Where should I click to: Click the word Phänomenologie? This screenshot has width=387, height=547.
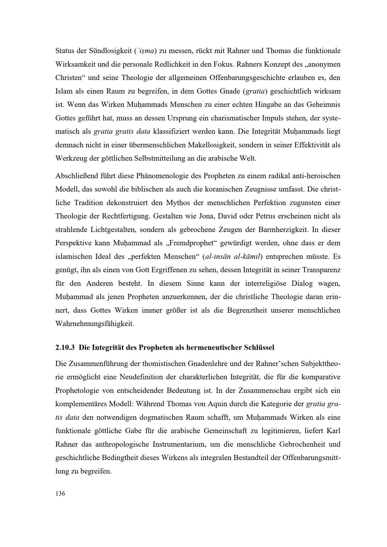pos(163,176)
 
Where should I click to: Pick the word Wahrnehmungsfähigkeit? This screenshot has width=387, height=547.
pos(95,324)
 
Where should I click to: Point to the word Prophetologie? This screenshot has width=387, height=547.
pos(79,390)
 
